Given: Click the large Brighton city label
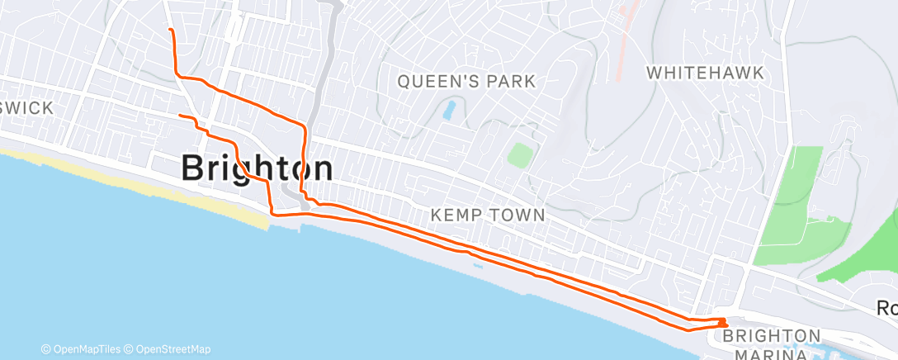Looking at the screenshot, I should click(x=257, y=168).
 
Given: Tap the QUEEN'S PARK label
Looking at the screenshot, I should click(x=466, y=81).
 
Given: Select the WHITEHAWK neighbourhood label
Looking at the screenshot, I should click(x=705, y=72).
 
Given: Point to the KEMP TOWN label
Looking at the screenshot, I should click(x=488, y=215).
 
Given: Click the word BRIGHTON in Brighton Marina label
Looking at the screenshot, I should click(x=772, y=336).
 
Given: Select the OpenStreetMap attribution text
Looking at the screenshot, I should click(x=171, y=349).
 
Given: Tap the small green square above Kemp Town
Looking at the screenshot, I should click(x=519, y=154).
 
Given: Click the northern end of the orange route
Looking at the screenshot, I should click(x=170, y=30).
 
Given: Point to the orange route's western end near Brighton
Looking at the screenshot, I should click(x=180, y=115).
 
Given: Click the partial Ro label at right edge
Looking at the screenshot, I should click(x=888, y=307).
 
